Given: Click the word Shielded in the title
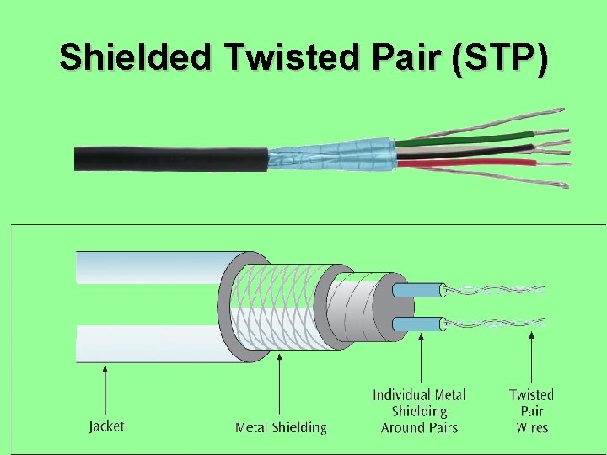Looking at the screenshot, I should click(134, 57).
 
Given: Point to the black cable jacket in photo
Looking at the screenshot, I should click(169, 158).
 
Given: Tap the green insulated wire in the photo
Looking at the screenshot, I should click(464, 138).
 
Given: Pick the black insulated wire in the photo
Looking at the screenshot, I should click(472, 152).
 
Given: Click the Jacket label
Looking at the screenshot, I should click(106, 426).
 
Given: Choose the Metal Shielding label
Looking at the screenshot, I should click(281, 428).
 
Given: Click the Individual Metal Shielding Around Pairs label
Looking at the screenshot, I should click(419, 411).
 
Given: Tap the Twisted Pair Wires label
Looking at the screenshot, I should click(531, 411).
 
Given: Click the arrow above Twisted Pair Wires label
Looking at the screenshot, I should click(531, 358).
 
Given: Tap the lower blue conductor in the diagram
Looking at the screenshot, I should click(417, 324).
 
